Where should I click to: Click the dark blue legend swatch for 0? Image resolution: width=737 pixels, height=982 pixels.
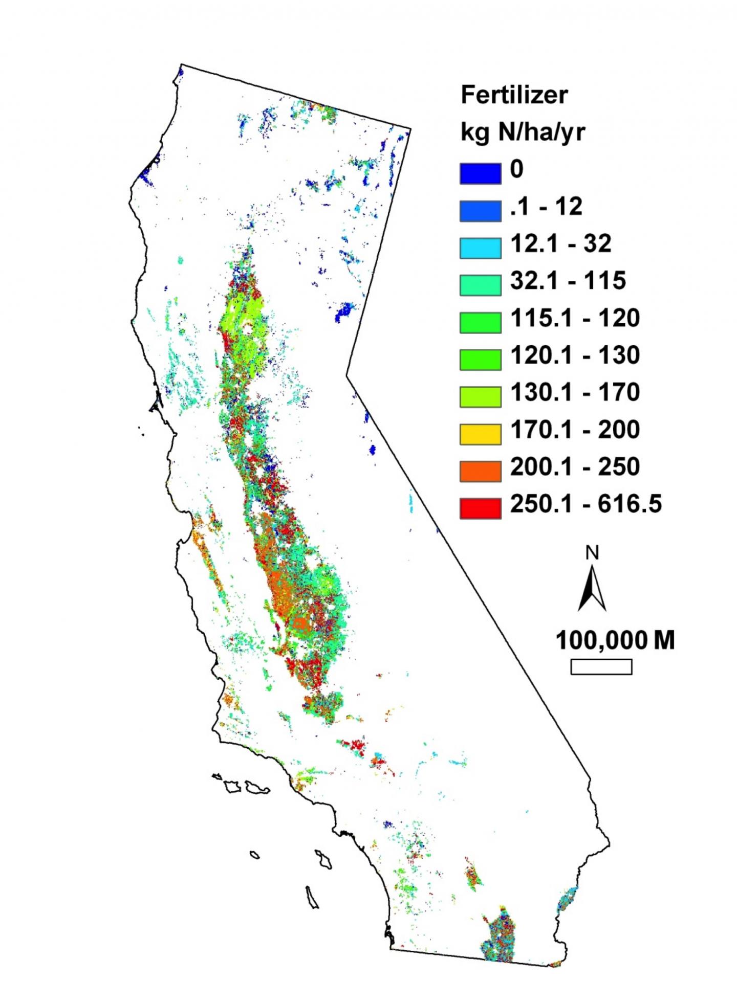(x=480, y=173)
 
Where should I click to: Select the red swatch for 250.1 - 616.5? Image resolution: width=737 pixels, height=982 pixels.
(x=480, y=508)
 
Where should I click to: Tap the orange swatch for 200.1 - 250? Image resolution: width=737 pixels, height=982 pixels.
(x=480, y=471)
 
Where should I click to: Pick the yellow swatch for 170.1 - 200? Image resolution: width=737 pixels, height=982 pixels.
(x=480, y=434)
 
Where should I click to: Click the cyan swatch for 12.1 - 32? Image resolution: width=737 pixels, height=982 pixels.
(x=480, y=248)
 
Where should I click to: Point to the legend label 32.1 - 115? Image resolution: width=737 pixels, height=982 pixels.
(x=568, y=280)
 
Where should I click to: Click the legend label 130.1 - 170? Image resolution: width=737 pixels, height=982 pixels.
(x=575, y=392)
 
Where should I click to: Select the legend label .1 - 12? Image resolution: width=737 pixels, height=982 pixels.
(x=547, y=206)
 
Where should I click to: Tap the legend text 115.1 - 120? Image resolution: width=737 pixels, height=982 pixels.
(x=575, y=318)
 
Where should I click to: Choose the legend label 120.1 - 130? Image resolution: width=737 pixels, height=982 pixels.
(x=575, y=355)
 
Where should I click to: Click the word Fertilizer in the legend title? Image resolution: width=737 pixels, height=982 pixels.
(x=514, y=95)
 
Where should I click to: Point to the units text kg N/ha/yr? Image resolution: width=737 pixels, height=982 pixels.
(x=523, y=133)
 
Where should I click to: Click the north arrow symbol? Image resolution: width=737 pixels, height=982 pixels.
(x=592, y=588)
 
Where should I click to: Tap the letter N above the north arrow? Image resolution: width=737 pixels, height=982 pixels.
(x=592, y=553)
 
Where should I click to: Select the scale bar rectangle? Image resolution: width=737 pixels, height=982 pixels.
(x=601, y=667)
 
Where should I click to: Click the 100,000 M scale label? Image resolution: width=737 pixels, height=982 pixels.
(x=615, y=640)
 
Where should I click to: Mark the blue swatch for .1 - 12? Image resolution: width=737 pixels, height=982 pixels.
(x=480, y=211)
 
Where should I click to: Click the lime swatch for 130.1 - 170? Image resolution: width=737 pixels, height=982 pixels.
(x=480, y=397)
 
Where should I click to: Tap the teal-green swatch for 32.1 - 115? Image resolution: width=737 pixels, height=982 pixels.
(x=480, y=285)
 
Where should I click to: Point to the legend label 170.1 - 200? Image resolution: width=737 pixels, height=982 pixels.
(x=575, y=429)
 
